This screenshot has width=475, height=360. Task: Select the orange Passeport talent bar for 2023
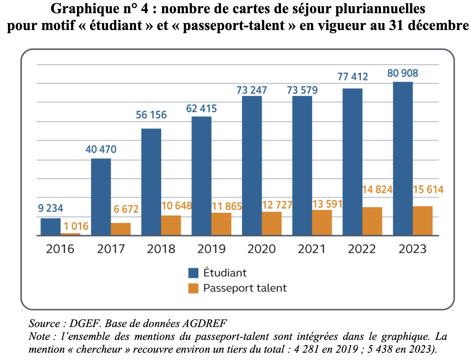tap(422, 221)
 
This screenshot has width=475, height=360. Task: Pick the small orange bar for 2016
tap(70, 234)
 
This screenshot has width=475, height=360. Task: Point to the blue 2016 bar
tap(50, 227)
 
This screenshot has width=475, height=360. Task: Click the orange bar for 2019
tap(221, 224)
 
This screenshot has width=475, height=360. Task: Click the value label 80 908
tap(403, 73)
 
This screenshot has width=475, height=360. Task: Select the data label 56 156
tap(151, 115)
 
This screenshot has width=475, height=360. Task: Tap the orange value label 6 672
tap(126, 209)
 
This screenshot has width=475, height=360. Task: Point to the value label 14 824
tap(377, 190)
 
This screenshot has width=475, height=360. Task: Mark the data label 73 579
tap(302, 90)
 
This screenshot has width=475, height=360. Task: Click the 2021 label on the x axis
tap(311, 249)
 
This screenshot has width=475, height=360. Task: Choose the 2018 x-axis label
tap(161, 249)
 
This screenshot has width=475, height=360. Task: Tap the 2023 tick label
tap(412, 249)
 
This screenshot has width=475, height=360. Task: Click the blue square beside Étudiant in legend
tap(193, 273)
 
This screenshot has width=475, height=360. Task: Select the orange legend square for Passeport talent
tap(193, 288)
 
